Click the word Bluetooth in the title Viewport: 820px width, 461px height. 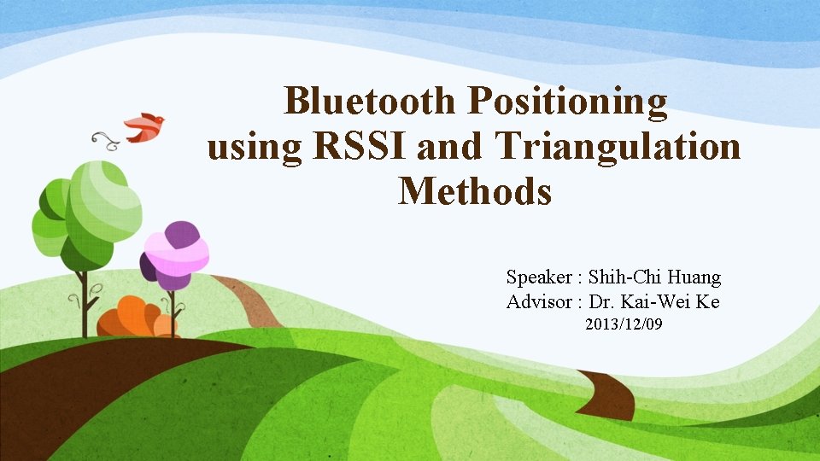pyautogui.click(x=369, y=102)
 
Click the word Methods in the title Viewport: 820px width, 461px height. pyautogui.click(x=475, y=191)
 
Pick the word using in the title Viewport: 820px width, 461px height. pyautogui.click(x=255, y=149)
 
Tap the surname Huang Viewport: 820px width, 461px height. pyautogui.click(x=696, y=277)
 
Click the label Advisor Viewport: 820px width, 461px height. pyautogui.click(x=540, y=302)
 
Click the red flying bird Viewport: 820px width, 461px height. pyautogui.click(x=144, y=126)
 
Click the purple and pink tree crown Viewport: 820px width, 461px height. pyautogui.click(x=175, y=254)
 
